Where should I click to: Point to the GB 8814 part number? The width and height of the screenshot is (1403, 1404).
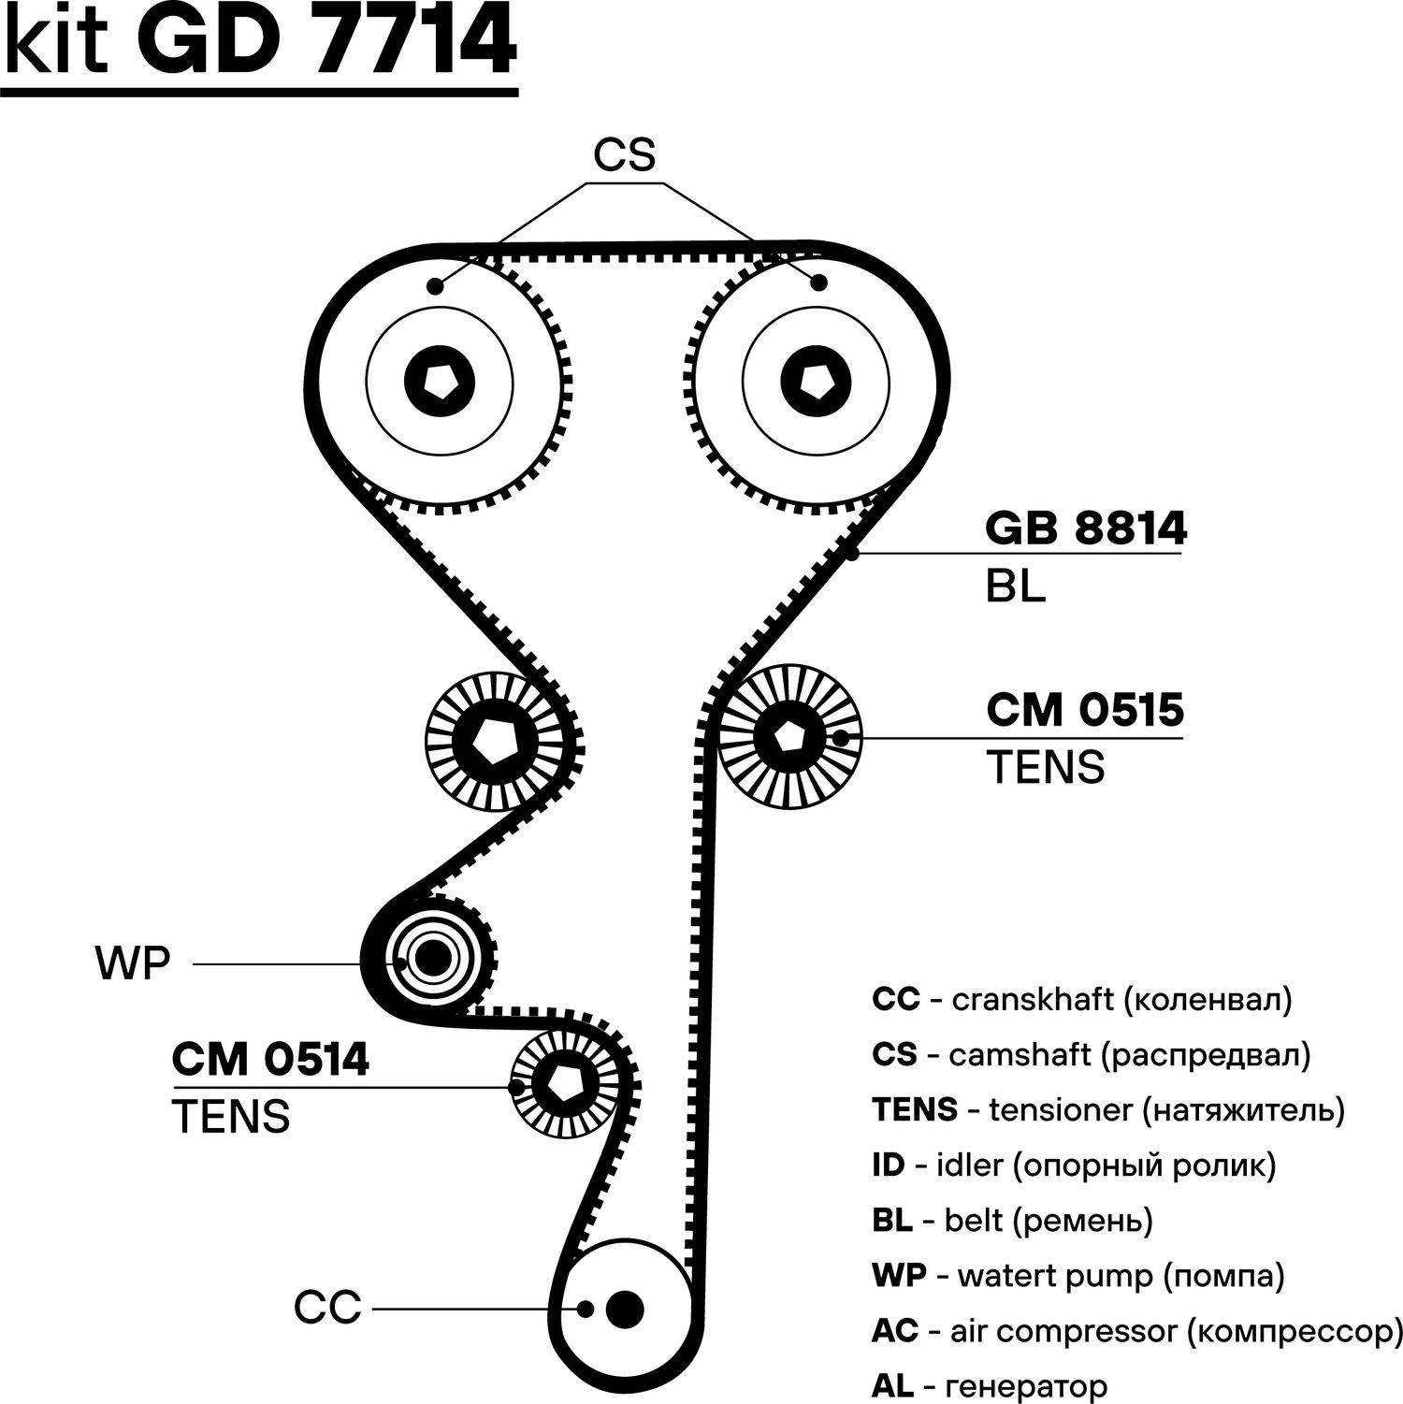click(x=1086, y=528)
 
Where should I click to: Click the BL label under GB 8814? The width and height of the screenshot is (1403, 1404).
click(x=1015, y=586)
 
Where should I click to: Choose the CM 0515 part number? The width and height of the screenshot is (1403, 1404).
click(x=1085, y=710)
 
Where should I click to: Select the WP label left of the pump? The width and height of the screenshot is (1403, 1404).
click(x=133, y=963)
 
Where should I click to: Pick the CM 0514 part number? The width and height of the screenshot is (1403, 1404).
click(x=270, y=1060)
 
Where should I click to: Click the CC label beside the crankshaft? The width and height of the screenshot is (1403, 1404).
click(x=327, y=1307)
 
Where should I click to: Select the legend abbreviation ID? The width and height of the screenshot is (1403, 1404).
click(x=888, y=1165)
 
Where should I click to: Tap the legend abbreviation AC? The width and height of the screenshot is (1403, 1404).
click(x=895, y=1331)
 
